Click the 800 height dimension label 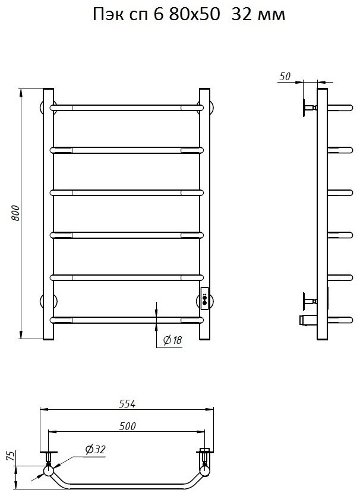[15, 213]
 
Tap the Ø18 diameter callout [172, 340]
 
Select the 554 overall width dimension [127, 404]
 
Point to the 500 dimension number [127, 426]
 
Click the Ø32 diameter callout [95, 450]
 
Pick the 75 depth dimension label [11, 456]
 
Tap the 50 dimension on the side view [285, 77]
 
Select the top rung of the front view [127, 108]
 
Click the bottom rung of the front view [127, 320]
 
